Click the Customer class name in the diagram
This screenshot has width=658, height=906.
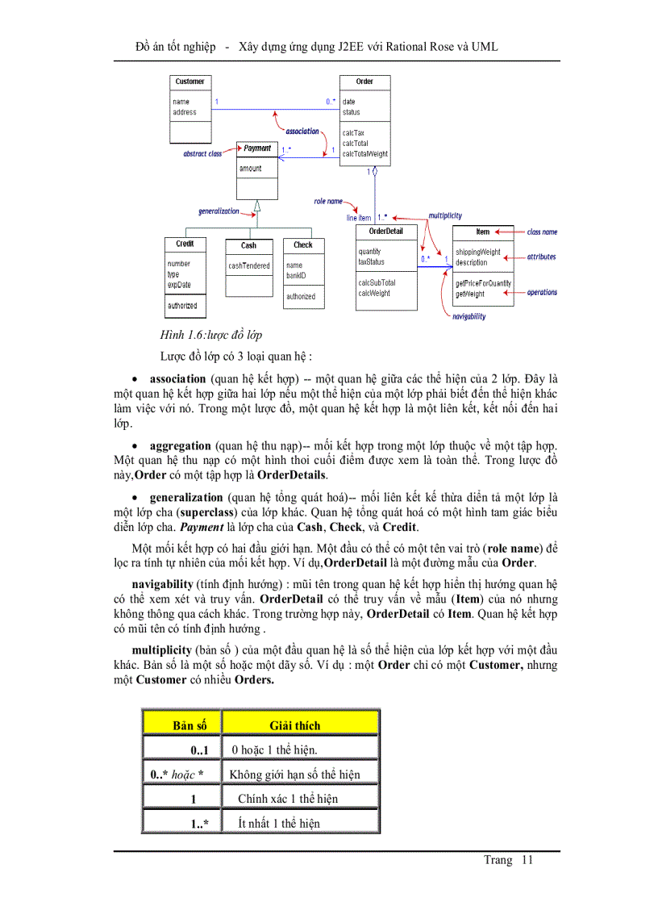point(189,81)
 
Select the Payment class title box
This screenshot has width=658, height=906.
point(257,148)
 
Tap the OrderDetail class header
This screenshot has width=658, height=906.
point(386,232)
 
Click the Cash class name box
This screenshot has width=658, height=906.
point(248,245)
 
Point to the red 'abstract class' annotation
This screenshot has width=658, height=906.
point(202,153)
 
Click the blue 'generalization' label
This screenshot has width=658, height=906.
point(219,211)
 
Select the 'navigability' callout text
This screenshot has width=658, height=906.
point(469,316)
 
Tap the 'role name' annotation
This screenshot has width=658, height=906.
point(328,201)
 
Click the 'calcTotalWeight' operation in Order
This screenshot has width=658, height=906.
point(364,153)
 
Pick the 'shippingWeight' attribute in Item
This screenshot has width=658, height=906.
point(477,252)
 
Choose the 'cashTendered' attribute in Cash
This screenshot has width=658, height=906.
point(248,265)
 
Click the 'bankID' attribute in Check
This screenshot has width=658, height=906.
point(296,275)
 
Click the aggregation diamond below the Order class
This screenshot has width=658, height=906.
point(375,172)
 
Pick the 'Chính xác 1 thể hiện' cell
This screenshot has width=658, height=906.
point(287,799)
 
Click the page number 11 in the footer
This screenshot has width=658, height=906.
point(527,860)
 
